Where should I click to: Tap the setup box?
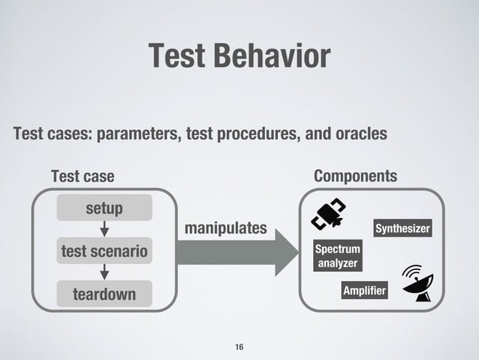click(104, 207)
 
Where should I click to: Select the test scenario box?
click(104, 251)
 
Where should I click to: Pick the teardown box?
click(104, 294)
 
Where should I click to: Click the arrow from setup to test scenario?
click(105, 228)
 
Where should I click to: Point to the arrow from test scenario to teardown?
click(105, 271)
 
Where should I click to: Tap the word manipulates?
click(225, 227)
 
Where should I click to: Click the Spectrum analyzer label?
click(337, 256)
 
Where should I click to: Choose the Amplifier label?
click(364, 291)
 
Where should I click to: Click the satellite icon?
click(329, 214)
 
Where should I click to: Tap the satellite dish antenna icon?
click(417, 283)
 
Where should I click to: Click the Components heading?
click(355, 176)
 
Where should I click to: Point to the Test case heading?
click(83, 177)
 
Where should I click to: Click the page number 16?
click(239, 346)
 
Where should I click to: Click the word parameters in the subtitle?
click(138, 135)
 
